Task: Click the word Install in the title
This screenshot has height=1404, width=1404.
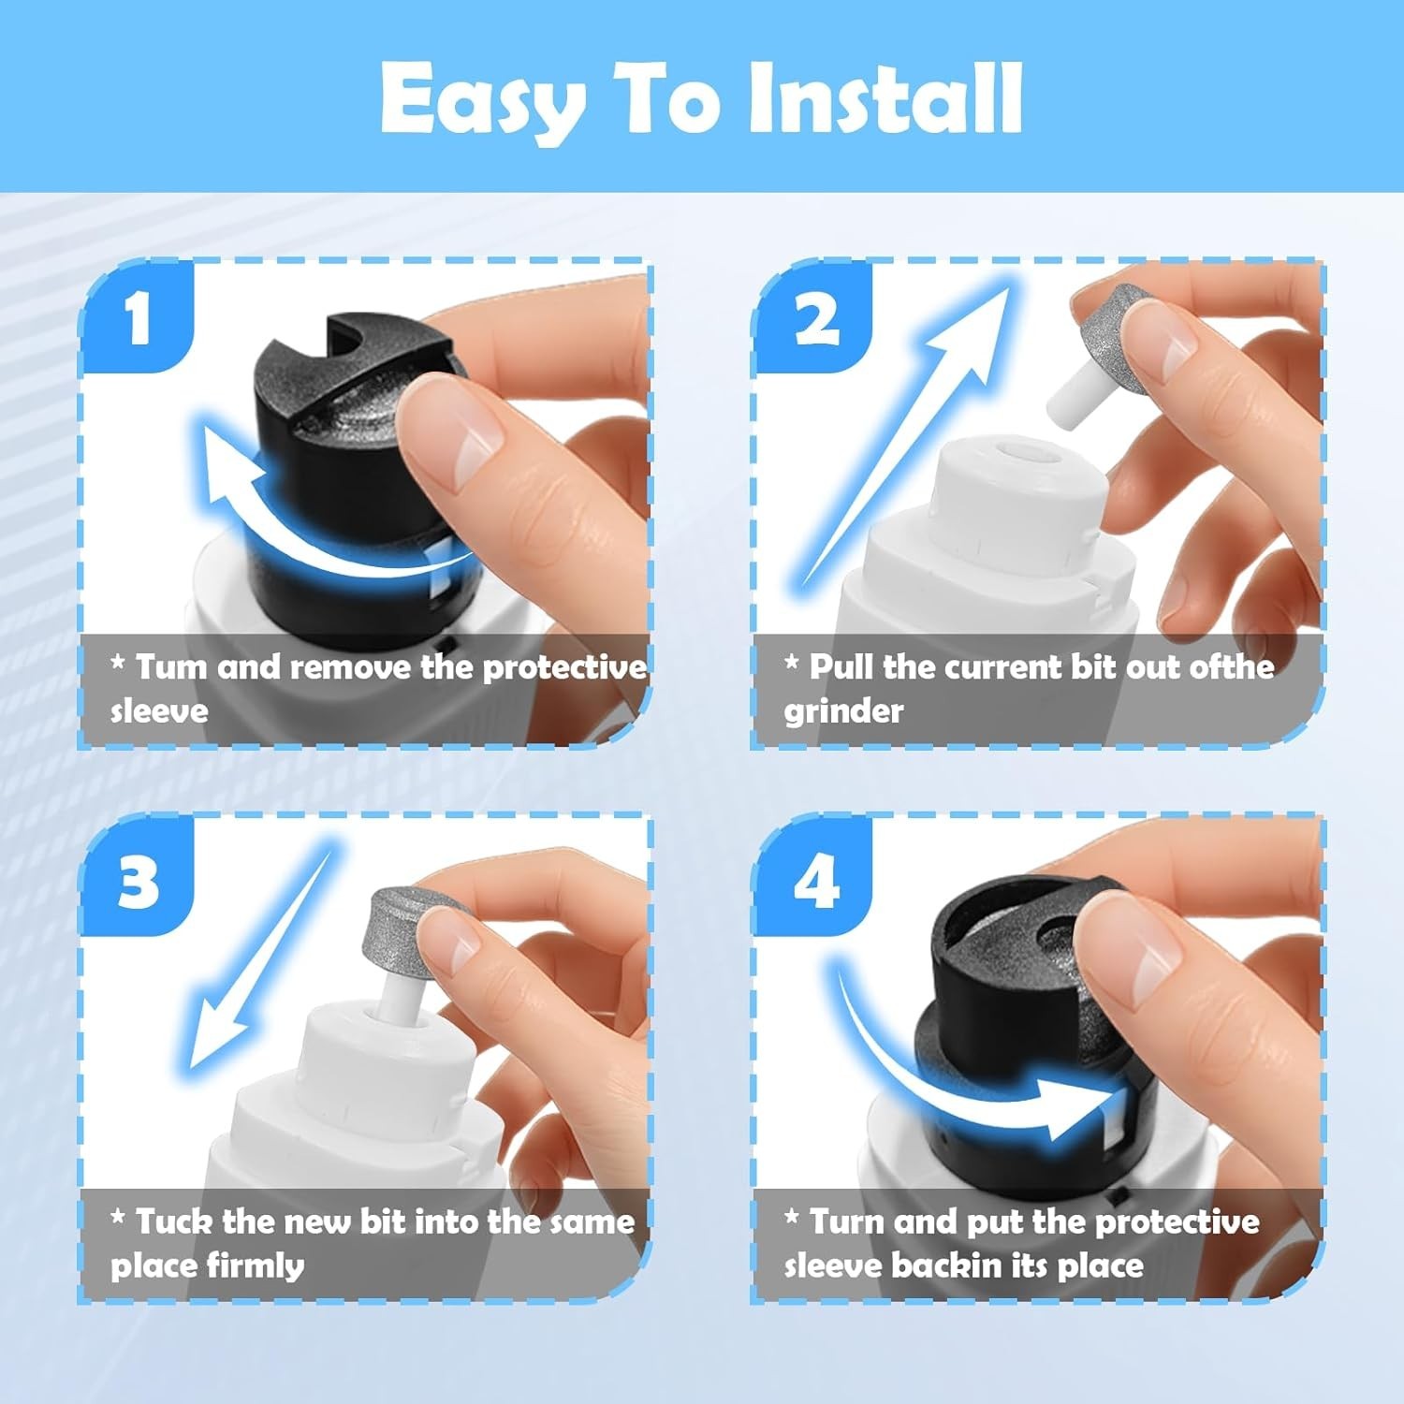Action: tap(885, 98)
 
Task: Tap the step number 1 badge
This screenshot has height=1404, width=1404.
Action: tap(139, 318)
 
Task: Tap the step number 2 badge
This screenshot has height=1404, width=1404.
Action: tap(816, 318)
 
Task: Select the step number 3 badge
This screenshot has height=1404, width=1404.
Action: tap(139, 880)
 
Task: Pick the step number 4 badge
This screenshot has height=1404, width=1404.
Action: tap(816, 880)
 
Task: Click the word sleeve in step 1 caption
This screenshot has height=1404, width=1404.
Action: tap(159, 710)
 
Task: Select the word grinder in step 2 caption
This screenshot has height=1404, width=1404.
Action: tap(843, 710)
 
